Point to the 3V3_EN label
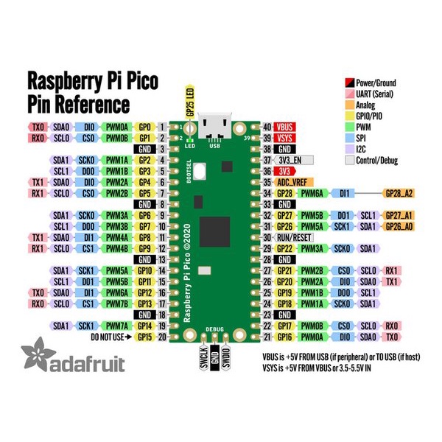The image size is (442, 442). (290, 159)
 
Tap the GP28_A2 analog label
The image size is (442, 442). (399, 192)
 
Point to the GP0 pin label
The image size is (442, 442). (145, 127)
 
